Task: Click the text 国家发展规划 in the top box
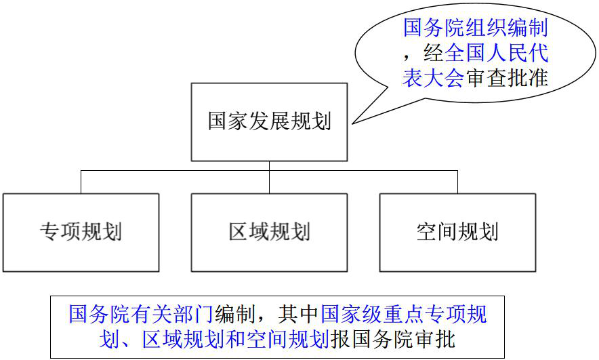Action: click(x=269, y=122)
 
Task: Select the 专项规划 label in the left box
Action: click(x=81, y=232)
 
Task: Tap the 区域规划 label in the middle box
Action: click(x=269, y=232)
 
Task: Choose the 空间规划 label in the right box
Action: click(x=457, y=232)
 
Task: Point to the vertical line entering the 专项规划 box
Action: click(x=81, y=182)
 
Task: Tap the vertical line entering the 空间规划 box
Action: click(x=457, y=182)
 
